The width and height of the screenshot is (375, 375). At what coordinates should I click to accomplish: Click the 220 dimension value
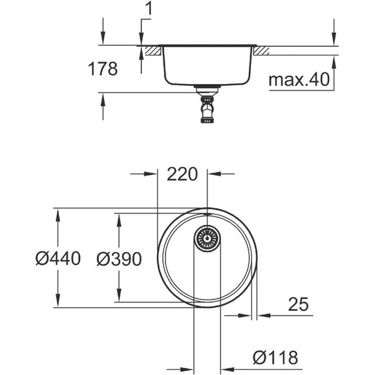(182, 174)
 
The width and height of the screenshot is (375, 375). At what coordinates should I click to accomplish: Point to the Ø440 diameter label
(58, 259)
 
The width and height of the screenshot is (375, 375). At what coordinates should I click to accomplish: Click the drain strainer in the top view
(207, 239)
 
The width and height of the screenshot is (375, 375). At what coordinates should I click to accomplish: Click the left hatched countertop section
(151, 50)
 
